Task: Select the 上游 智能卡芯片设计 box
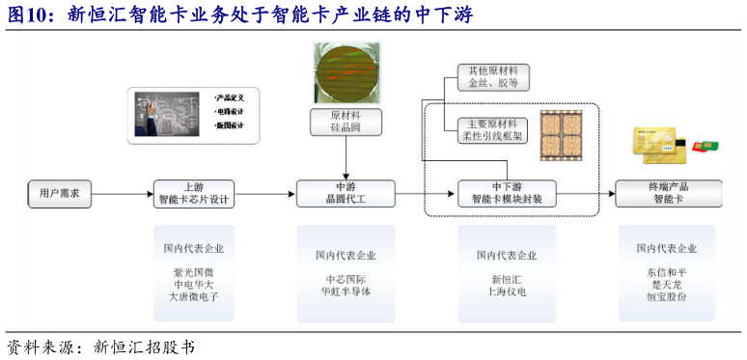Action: pos(193,193)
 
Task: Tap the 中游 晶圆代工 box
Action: pos(345,193)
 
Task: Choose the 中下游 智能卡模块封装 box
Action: pos(507,193)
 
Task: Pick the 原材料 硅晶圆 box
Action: pos(346,122)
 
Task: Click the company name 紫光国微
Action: pos(193,273)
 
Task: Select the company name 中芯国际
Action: pos(345,279)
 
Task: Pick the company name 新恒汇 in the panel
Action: pos(507,279)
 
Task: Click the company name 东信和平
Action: pos(667,272)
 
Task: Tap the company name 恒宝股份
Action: pos(667,298)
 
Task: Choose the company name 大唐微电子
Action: pos(193,298)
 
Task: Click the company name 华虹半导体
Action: pos(345,291)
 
